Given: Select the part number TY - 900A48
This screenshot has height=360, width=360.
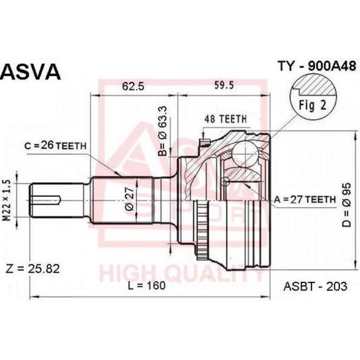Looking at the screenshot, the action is click(317, 66).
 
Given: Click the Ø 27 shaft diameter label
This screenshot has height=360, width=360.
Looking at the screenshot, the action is click(130, 198).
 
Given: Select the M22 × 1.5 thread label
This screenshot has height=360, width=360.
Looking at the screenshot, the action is click(8, 201).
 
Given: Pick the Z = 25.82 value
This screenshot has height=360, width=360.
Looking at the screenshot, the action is click(33, 269).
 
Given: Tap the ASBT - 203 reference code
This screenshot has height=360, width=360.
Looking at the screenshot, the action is click(315, 286).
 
